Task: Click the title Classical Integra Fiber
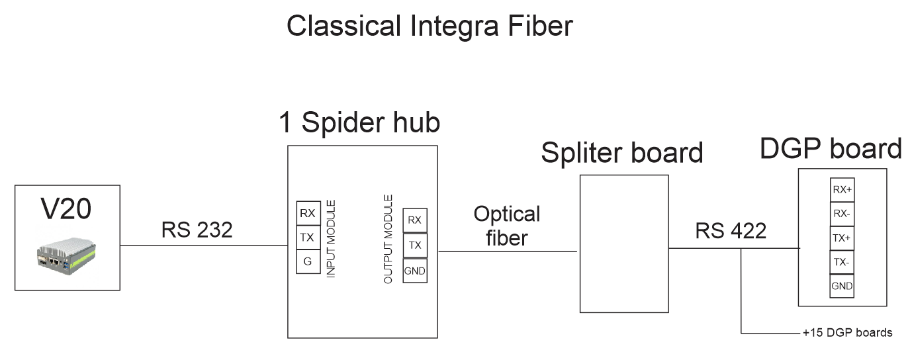point(429,26)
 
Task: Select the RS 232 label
point(197,230)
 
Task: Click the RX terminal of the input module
point(308,214)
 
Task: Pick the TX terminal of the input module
point(308,238)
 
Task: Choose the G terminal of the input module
point(308,261)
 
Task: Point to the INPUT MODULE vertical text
point(332,238)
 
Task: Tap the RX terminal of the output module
point(415,220)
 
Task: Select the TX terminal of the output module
point(415,246)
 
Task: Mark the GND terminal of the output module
point(415,271)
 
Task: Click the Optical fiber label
point(507,226)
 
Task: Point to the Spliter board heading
point(621,153)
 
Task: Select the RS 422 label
point(731,231)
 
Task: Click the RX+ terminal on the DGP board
point(842,190)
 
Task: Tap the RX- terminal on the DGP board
point(842,214)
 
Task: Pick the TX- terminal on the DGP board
point(842,263)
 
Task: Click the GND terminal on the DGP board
point(842,287)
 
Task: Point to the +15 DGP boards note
point(847,333)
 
